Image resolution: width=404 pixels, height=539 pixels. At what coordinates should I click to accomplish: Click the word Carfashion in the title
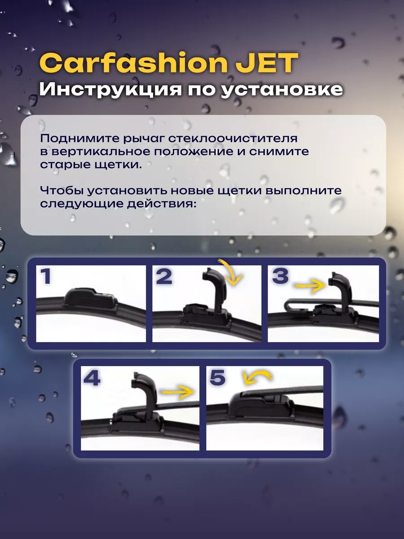point(133,63)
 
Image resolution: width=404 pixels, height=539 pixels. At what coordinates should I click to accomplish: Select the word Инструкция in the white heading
point(110,89)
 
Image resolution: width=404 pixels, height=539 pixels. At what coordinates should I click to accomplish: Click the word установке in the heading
point(281,89)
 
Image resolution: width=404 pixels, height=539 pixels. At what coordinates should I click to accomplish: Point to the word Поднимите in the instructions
point(80,138)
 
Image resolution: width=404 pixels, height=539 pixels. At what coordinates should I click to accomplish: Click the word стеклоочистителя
point(233,138)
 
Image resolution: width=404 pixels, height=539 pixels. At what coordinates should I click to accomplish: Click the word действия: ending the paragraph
point(162,204)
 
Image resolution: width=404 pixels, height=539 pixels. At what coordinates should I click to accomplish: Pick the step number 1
point(46,276)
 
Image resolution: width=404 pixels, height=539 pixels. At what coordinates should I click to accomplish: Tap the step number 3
point(280,276)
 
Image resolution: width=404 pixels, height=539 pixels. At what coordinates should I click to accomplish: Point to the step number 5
point(218,377)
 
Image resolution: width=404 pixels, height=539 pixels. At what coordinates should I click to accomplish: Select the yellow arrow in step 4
point(178,393)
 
